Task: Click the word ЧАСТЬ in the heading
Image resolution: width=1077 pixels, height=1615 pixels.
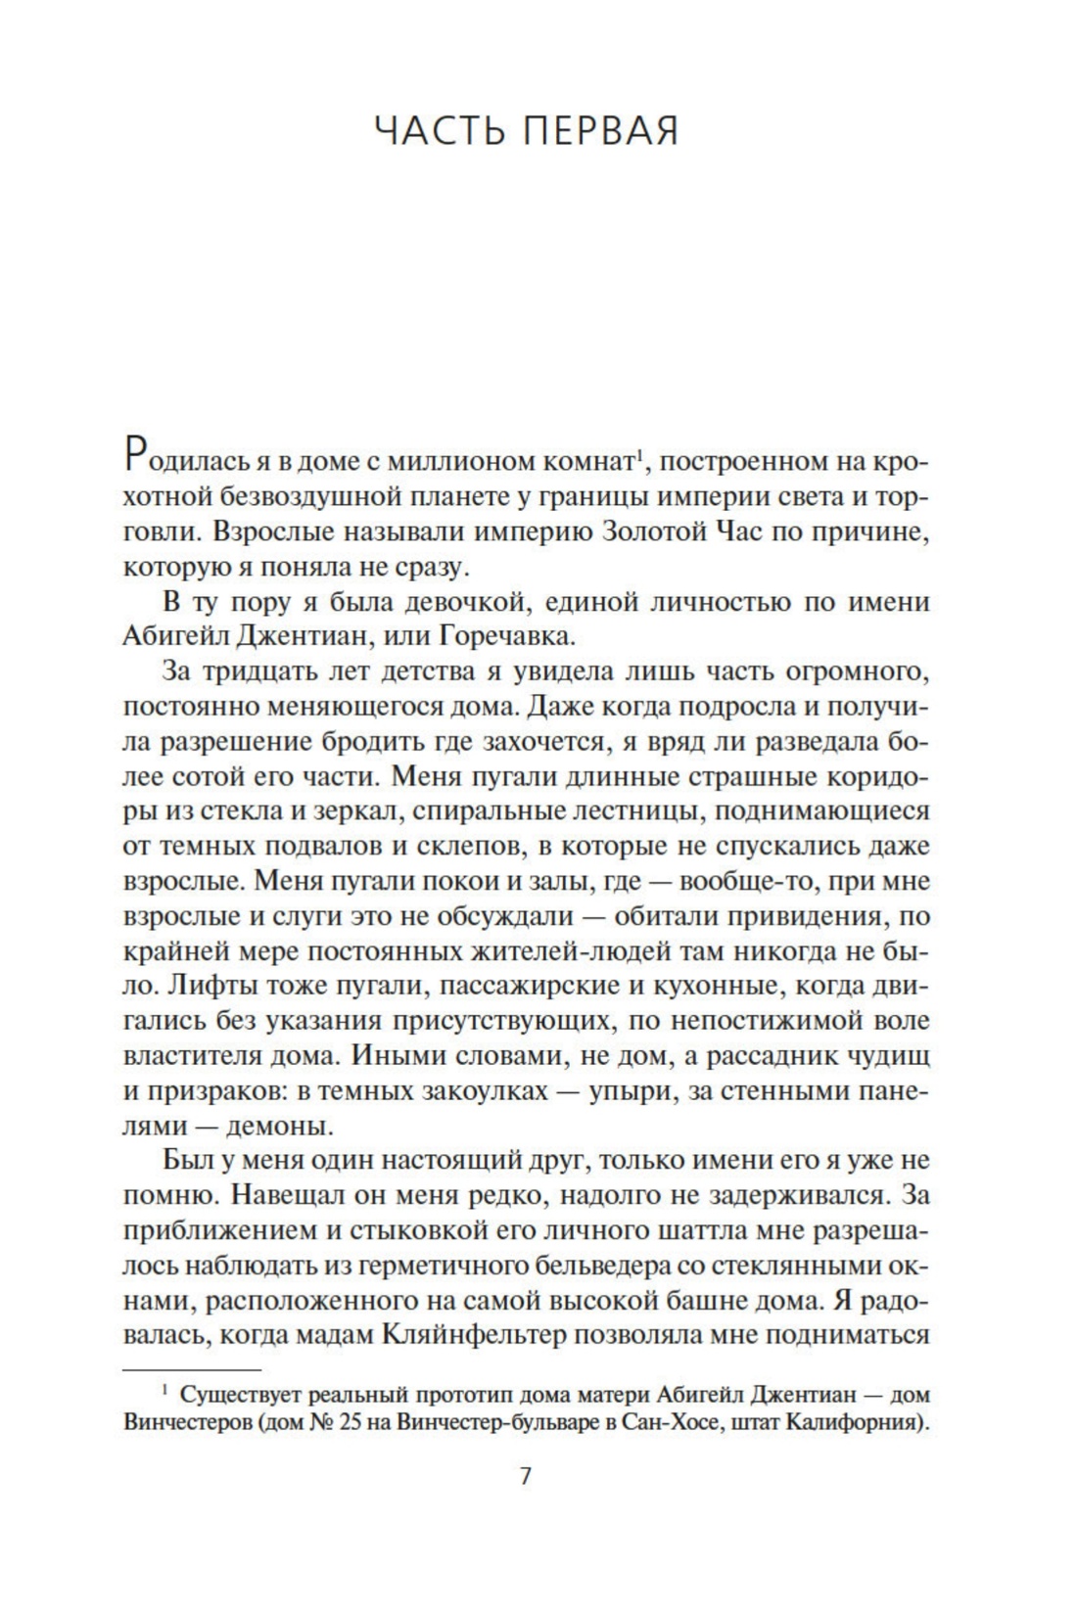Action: (x=438, y=130)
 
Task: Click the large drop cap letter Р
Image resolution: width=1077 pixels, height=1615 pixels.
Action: (x=136, y=456)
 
